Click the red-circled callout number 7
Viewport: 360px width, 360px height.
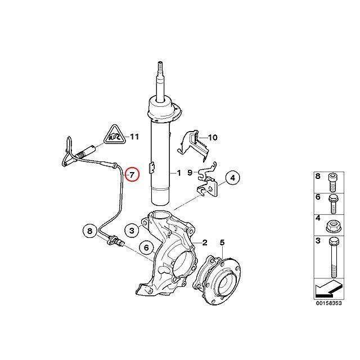(131, 174)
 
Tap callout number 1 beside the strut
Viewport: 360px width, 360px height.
(179, 174)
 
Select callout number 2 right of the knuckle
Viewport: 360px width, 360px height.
(205, 243)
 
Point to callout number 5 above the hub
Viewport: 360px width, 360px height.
(222, 243)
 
